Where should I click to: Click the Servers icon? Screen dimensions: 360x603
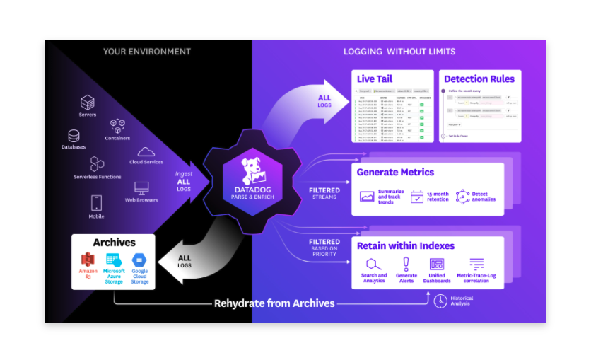pyautogui.click(x=88, y=103)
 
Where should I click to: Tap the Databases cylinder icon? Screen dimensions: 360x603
pyautogui.click(x=74, y=136)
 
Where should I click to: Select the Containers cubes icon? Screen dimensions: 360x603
pyautogui.click(x=117, y=126)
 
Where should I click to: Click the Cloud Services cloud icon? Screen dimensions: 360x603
pyautogui.click(x=146, y=151)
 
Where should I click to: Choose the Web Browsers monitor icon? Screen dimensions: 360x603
pyautogui.click(x=141, y=188)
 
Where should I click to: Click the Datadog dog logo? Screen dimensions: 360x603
pyautogui.click(x=252, y=170)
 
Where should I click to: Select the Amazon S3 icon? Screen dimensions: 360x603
pyautogui.click(x=88, y=260)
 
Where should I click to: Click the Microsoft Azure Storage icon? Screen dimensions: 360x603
pyautogui.click(x=114, y=260)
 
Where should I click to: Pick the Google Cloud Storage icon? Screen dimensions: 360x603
pyautogui.click(x=139, y=260)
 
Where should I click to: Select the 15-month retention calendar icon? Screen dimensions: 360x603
pyautogui.click(x=417, y=197)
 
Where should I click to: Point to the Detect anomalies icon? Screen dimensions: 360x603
pyautogui.click(x=463, y=197)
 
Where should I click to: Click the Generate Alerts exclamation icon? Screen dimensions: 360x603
pyautogui.click(x=406, y=264)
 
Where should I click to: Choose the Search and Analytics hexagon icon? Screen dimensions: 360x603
pyautogui.click(x=373, y=264)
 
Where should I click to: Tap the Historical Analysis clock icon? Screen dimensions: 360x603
pyautogui.click(x=440, y=301)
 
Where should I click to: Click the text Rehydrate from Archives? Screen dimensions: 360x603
pyautogui.click(x=274, y=303)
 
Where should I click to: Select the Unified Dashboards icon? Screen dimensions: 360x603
pyautogui.click(x=437, y=264)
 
